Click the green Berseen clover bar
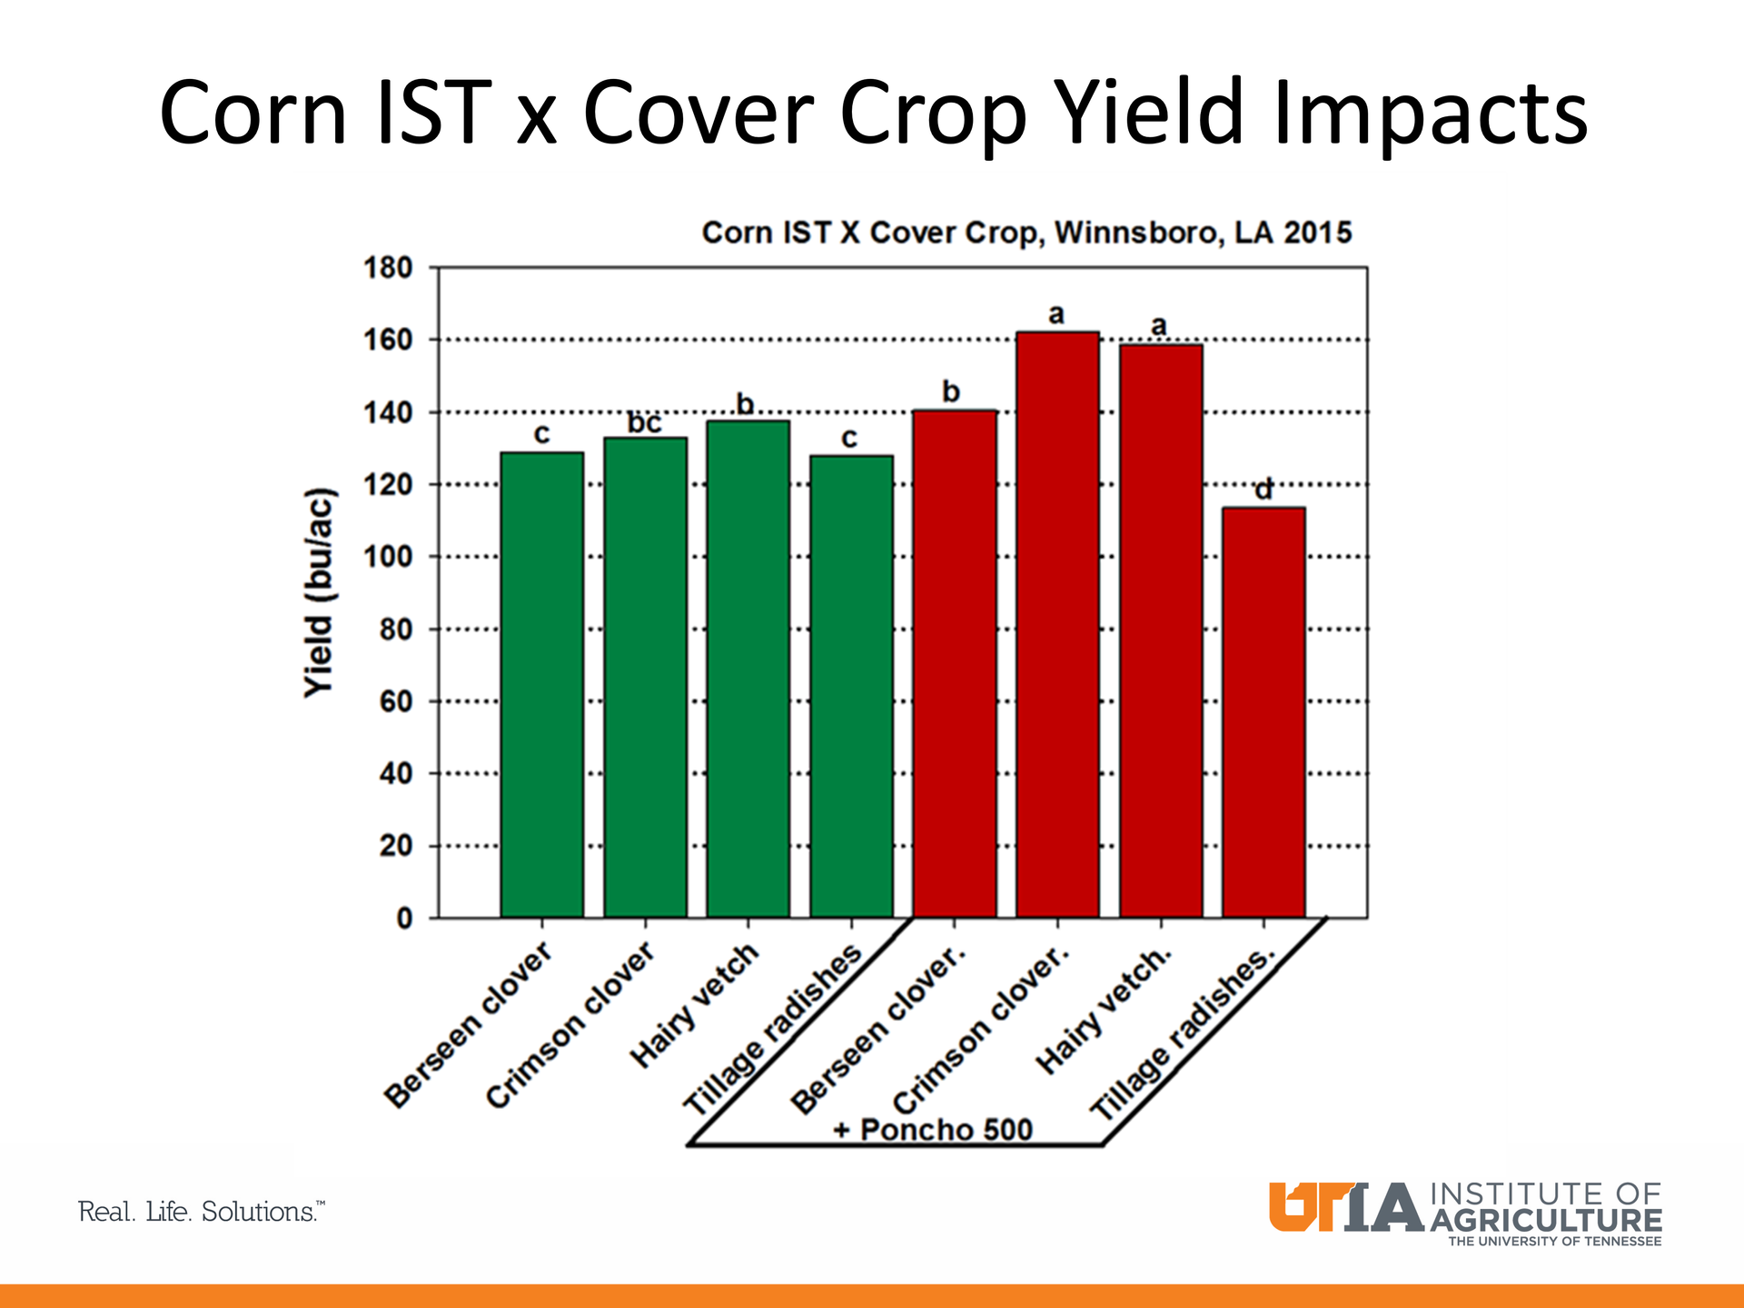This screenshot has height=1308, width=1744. point(542,685)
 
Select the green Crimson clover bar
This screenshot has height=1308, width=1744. point(645,678)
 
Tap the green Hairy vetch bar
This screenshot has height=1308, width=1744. point(748,669)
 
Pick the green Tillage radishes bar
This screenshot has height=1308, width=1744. point(851,687)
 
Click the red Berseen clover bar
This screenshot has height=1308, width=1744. point(955,664)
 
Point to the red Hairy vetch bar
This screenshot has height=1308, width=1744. point(1161,630)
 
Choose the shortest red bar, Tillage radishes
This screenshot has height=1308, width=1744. point(1263,712)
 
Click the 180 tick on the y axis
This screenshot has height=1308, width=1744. point(389,268)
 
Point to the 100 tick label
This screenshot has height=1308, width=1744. point(389,557)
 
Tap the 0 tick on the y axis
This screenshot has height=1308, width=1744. point(404,918)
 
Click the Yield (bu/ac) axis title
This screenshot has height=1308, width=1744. point(319,593)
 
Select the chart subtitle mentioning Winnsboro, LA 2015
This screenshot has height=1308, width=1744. point(1026,233)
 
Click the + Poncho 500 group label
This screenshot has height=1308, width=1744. point(933,1130)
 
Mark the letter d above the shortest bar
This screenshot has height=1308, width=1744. point(1263,490)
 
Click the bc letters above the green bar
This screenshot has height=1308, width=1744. point(645,423)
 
